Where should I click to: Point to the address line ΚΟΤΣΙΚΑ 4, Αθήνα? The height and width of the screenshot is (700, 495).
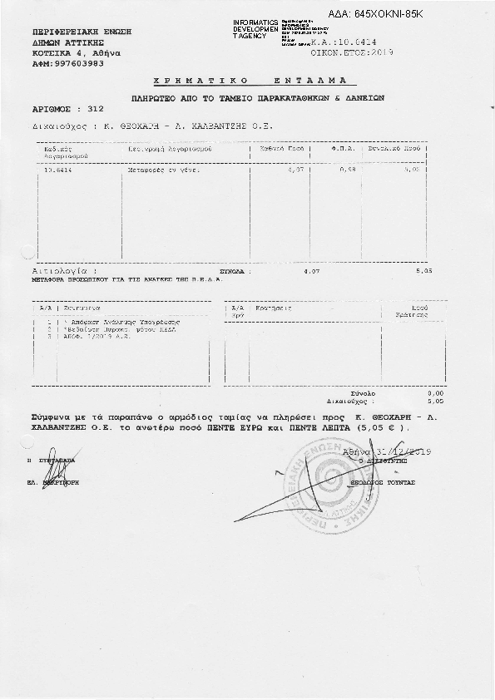click(77, 53)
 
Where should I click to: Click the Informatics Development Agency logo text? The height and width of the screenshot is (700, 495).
click(256, 28)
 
